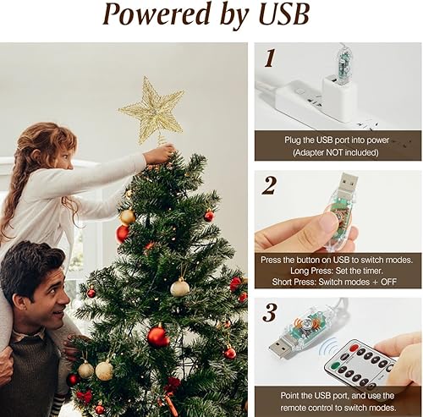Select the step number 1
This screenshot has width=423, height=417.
click(x=270, y=58)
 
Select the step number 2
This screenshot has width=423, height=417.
click(x=269, y=185)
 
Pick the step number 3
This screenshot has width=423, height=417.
click(x=269, y=312)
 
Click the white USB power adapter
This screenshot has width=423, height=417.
click(x=338, y=95)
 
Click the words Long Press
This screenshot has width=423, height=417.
click(x=294, y=270)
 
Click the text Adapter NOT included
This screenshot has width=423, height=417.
click(x=338, y=152)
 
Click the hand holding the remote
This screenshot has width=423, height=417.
click(x=402, y=359)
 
